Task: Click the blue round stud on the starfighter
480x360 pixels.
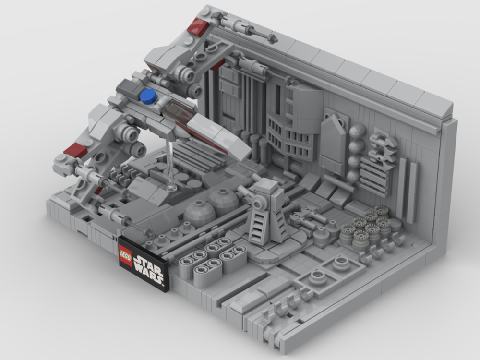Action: click(148, 96)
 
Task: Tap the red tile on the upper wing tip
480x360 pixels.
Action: click(197, 27)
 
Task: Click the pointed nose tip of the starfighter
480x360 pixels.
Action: click(242, 153)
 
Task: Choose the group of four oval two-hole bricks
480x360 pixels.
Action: click(211, 259)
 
